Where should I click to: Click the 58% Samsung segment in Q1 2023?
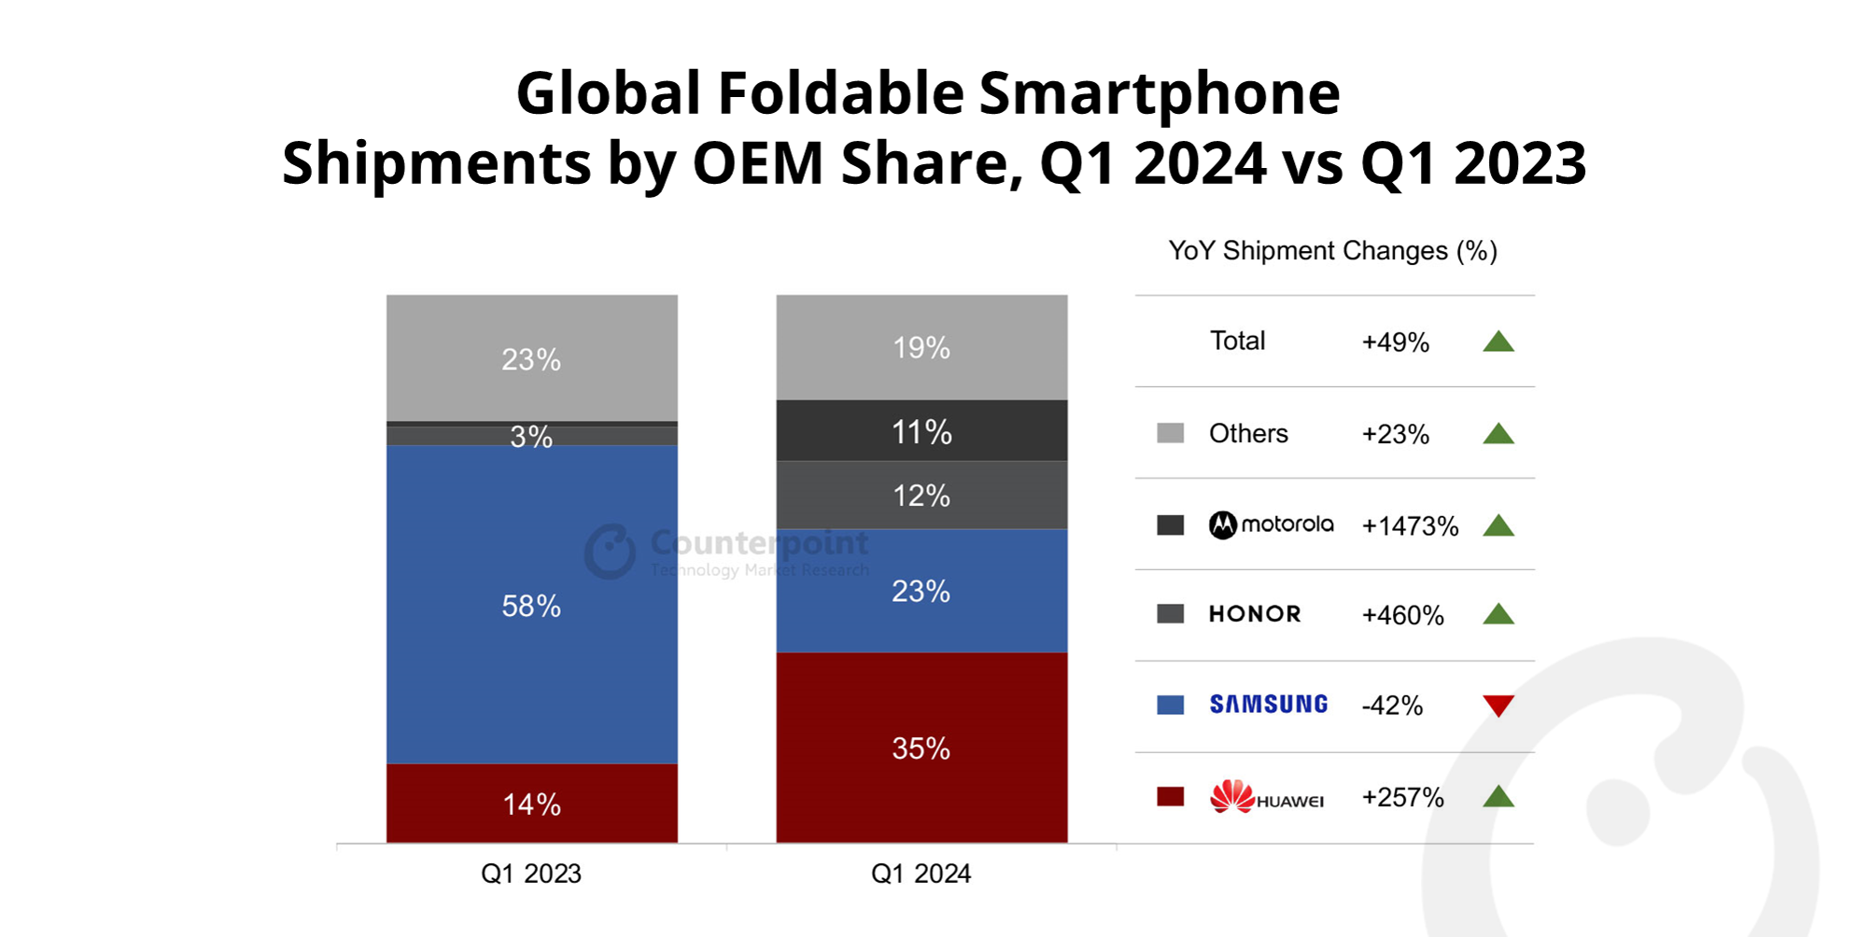pyautogui.click(x=531, y=605)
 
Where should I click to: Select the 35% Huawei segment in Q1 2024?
pyautogui.click(x=921, y=748)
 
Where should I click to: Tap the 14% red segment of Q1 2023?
pyautogui.click(x=531, y=804)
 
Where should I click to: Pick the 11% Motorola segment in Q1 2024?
pyautogui.click(x=921, y=431)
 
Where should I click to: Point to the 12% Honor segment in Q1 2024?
pyautogui.click(x=921, y=496)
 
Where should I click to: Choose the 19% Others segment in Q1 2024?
pyautogui.click(x=921, y=347)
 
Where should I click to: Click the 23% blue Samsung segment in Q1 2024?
pyautogui.click(x=921, y=591)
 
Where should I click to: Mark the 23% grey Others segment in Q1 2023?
pyautogui.click(x=531, y=358)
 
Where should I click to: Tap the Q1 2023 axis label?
pyautogui.click(x=531, y=874)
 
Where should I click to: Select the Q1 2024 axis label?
pyautogui.click(x=921, y=874)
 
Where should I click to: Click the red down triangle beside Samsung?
pyautogui.click(x=1498, y=706)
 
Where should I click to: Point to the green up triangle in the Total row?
pyautogui.click(x=1498, y=342)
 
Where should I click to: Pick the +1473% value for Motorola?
pyautogui.click(x=1410, y=526)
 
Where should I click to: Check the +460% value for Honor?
pyautogui.click(x=1402, y=615)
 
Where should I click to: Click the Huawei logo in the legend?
pyautogui.click(x=1266, y=797)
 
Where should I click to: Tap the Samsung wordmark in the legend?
pyautogui.click(x=1268, y=705)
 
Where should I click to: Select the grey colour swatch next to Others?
pyautogui.click(x=1170, y=433)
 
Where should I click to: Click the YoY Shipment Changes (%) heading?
pyautogui.click(x=1332, y=251)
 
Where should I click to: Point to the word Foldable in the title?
pyautogui.click(x=840, y=93)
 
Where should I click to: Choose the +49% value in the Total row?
pyautogui.click(x=1395, y=343)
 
